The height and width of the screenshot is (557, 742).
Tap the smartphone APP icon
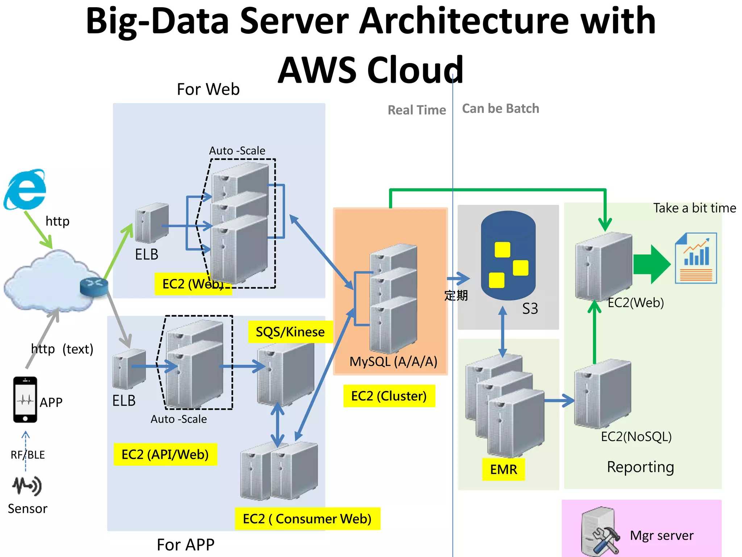25,400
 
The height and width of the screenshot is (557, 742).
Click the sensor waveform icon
27,486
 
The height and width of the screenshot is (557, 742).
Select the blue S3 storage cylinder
508,256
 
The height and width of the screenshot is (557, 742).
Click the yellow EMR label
503,470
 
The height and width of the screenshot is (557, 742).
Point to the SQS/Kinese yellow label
290,332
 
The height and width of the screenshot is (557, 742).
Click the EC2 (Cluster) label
389,396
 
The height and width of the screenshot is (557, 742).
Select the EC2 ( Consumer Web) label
307,519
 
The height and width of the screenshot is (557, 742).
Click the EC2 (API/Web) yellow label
165,454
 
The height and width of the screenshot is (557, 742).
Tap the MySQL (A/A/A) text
393,362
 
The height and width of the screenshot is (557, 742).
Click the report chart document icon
696,258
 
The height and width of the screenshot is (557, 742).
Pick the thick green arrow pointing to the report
651,264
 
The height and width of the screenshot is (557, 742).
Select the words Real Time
417,110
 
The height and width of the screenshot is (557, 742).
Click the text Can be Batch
500,108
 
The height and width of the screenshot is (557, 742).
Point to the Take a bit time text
694,208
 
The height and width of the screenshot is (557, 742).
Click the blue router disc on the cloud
94,286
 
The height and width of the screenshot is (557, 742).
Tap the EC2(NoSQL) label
636,437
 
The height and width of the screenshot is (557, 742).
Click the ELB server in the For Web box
151,223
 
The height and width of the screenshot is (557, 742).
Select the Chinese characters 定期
456,296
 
